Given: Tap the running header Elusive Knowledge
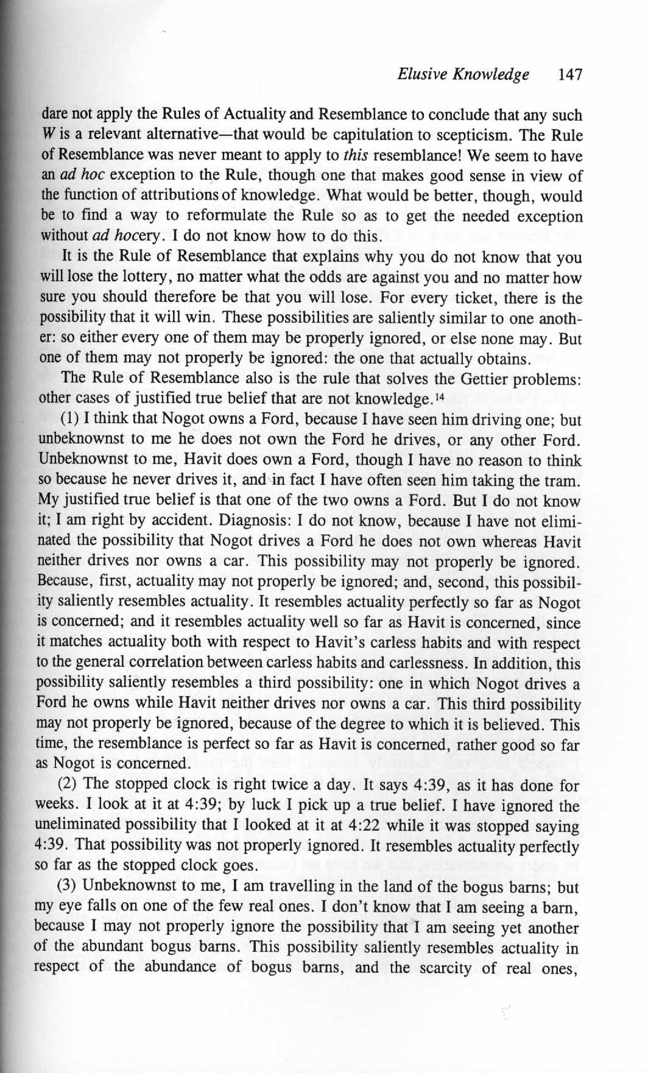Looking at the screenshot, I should (x=463, y=75).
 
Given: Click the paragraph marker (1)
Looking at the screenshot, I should (x=70, y=420).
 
